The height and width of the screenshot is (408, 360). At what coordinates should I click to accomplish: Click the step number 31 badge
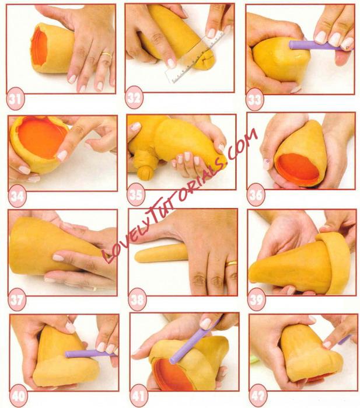click(16, 99)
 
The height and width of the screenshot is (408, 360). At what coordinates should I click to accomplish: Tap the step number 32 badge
click(134, 98)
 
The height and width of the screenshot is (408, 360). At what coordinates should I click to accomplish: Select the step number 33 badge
click(254, 100)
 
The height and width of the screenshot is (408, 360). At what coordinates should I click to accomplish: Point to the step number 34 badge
click(17, 196)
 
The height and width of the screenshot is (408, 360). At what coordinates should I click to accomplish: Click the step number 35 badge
click(136, 194)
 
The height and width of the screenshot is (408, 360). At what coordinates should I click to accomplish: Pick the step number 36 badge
click(256, 194)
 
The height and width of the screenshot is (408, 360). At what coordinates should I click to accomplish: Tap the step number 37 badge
click(17, 299)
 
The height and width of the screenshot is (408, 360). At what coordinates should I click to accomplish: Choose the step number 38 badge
click(137, 299)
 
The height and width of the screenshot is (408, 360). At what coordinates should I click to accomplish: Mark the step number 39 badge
click(257, 299)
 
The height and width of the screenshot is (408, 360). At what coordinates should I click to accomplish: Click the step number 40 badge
click(19, 396)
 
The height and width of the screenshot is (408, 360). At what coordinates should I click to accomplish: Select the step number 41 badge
click(138, 396)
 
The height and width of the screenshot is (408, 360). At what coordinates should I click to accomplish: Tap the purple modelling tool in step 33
click(319, 45)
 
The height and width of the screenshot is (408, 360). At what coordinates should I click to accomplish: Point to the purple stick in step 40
click(89, 354)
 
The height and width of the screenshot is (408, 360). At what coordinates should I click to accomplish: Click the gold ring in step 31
click(107, 55)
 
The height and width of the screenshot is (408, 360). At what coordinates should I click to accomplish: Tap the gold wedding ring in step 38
click(232, 264)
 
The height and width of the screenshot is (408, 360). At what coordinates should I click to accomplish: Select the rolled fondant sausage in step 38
click(161, 253)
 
